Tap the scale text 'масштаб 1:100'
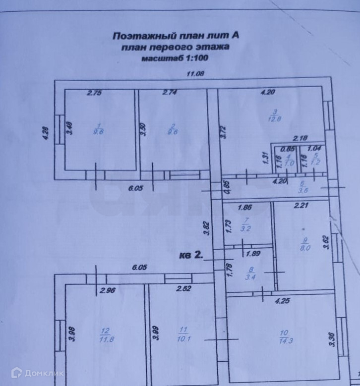(x=176, y=58)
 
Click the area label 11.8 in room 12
(x=105, y=339)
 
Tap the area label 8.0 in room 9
(x=304, y=249)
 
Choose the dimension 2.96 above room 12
(x=107, y=291)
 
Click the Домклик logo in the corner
(x=37, y=373)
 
